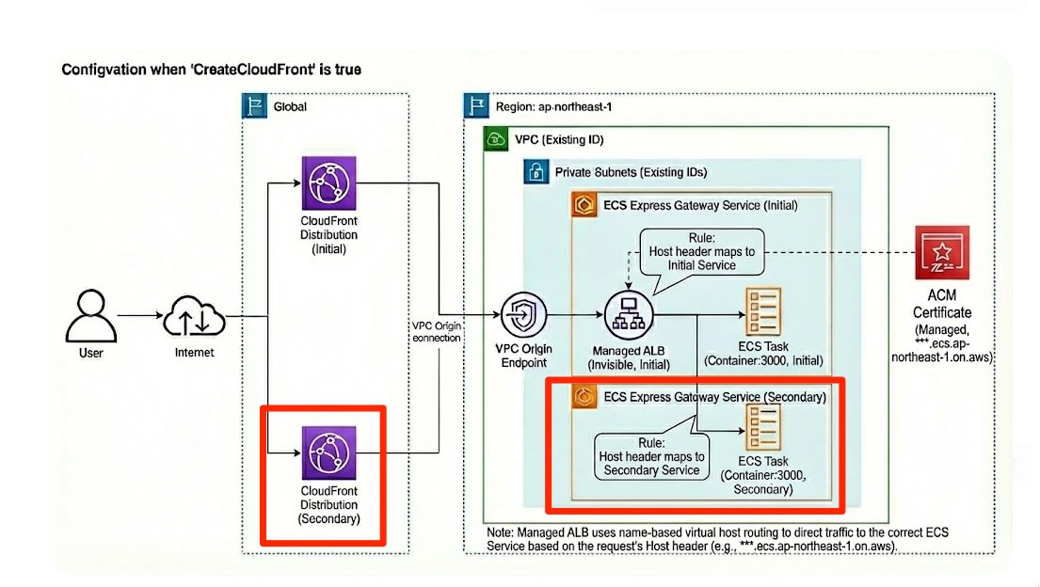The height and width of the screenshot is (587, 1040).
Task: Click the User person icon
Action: coord(91,316)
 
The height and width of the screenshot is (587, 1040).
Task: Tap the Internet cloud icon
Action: coord(194,317)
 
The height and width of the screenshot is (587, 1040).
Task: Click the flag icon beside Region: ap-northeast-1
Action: coord(476,106)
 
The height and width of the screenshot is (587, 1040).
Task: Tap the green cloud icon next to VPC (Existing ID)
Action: coord(496,140)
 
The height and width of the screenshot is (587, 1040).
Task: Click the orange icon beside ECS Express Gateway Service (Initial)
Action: coord(583,205)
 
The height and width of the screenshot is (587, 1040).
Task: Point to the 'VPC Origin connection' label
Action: coord(436,330)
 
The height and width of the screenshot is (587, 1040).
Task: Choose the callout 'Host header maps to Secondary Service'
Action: coord(650,456)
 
